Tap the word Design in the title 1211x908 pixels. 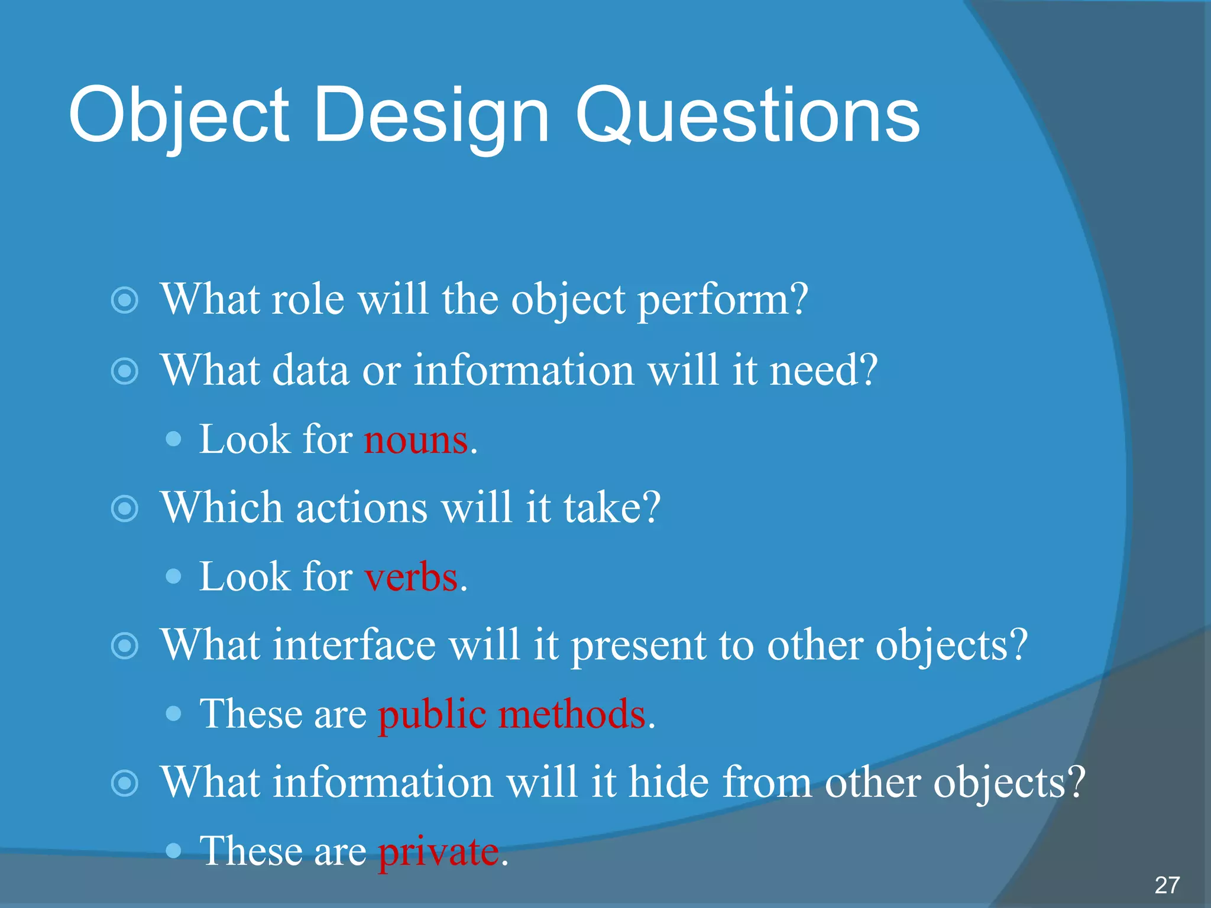[x=432, y=115]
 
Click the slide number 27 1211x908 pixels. [x=1167, y=885]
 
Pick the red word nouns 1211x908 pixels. [x=416, y=440]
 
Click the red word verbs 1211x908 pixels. [x=412, y=578]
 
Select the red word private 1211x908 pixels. [x=439, y=852]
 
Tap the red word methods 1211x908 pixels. [x=572, y=714]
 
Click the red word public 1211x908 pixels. [x=432, y=715]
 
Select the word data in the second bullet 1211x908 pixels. [x=310, y=371]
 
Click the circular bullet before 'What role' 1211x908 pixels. [x=125, y=300]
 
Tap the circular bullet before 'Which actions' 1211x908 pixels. [x=125, y=508]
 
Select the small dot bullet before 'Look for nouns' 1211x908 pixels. [x=173, y=439]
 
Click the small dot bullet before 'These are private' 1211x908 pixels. [x=173, y=851]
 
